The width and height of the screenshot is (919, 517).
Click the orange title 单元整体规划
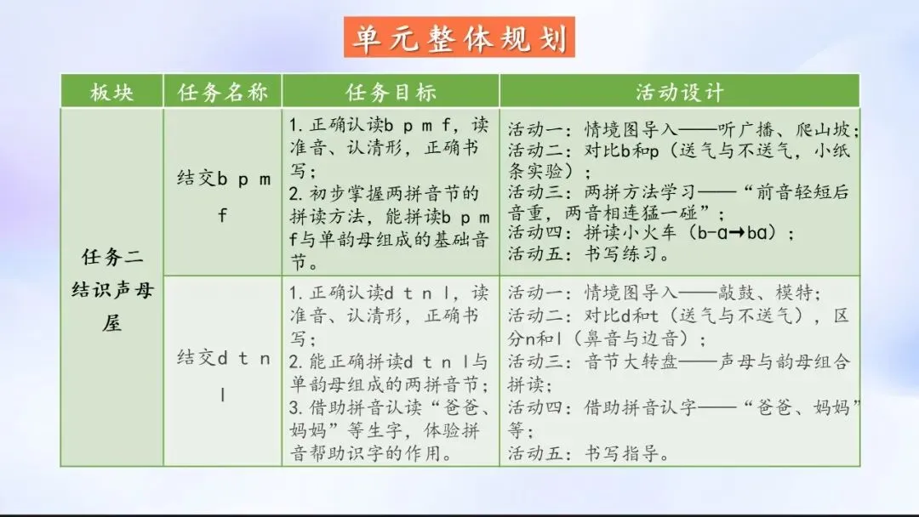[x=459, y=38]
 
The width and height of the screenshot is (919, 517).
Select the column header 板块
[x=112, y=92]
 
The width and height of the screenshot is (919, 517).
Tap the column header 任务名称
[x=223, y=92]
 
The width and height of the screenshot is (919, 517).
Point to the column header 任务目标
[x=391, y=92]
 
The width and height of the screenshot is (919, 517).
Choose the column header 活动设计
[x=680, y=92]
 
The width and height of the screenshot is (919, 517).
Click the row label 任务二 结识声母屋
[x=112, y=289]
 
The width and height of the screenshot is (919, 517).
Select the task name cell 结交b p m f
[x=223, y=196]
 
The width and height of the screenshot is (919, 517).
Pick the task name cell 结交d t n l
[x=223, y=376]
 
